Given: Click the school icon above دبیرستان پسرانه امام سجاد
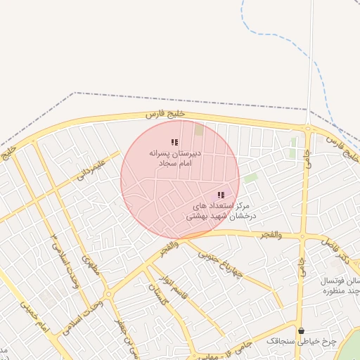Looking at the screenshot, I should coord(174,143).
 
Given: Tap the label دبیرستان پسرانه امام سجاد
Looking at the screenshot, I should coord(175,157).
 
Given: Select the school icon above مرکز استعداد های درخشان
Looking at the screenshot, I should coord(221,195).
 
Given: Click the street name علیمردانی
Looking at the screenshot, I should coord(91,169).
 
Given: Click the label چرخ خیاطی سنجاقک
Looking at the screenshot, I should coord(302,340).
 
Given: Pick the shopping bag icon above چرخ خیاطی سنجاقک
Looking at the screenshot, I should coord(302,330).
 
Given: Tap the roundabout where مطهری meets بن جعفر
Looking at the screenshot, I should coord(109,295).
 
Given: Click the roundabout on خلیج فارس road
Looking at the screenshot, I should coord(307,129).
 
